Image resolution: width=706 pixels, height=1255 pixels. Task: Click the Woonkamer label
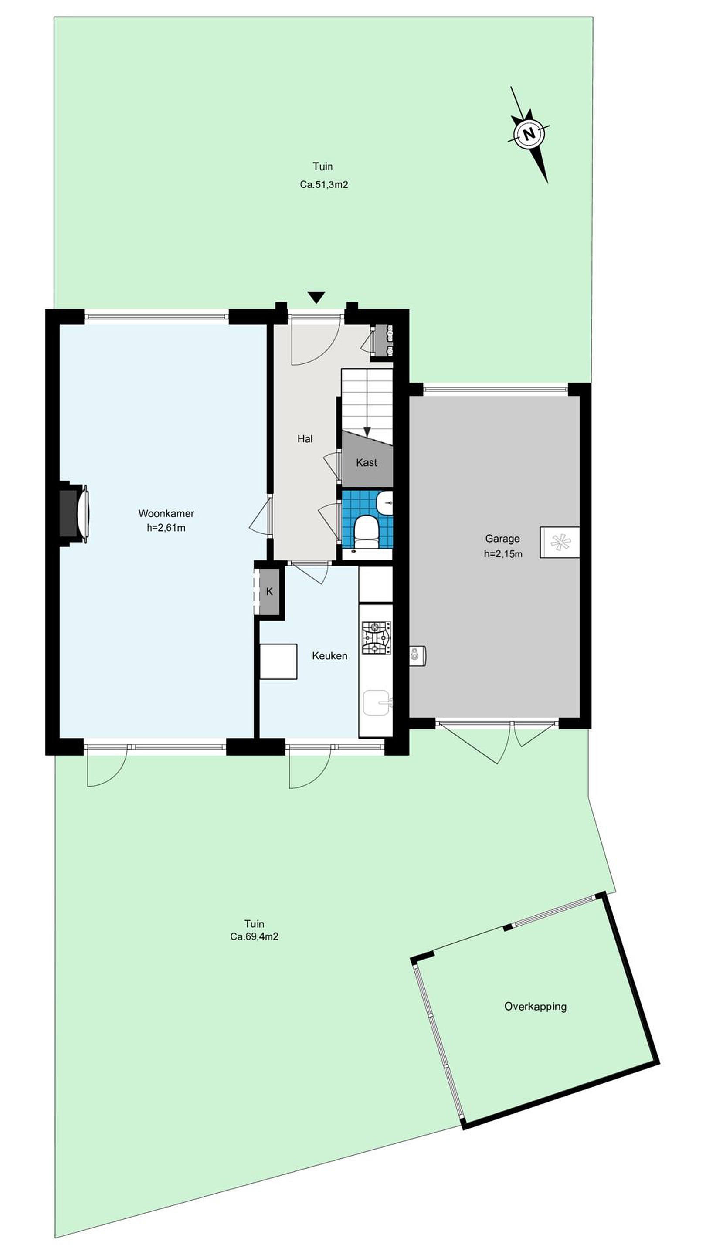[166, 513]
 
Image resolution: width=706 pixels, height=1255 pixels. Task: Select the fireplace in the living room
[74, 513]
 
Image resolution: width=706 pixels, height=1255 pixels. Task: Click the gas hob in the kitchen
[376, 637]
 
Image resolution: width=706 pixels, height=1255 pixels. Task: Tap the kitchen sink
[377, 703]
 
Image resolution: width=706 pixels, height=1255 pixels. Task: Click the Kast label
[367, 462]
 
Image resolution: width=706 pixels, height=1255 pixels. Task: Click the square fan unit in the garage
[559, 542]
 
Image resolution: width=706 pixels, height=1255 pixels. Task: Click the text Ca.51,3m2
[324, 185]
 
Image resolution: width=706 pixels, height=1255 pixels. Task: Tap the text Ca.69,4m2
[255, 936]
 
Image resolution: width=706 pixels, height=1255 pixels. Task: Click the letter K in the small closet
[269, 592]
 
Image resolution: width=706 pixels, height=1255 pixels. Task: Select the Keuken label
[330, 656]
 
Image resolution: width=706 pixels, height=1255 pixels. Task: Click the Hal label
[305, 439]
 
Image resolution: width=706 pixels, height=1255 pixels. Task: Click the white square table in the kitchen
[278, 661]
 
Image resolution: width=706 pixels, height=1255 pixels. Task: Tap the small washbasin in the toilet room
[385, 502]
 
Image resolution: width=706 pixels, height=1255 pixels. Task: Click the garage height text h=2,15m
[503, 554]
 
